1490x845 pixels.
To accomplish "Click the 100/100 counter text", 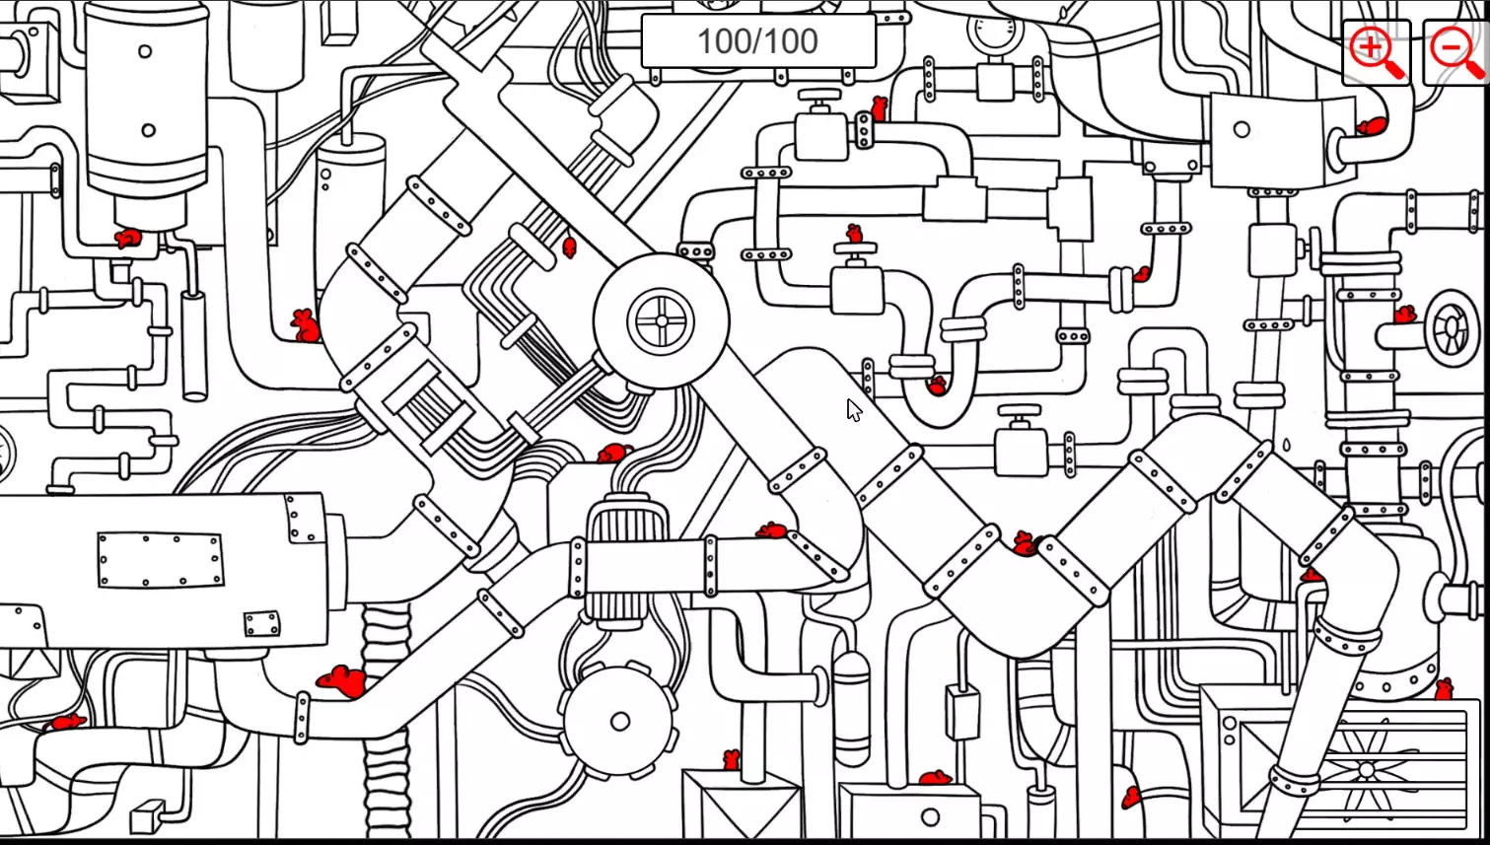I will [757, 41].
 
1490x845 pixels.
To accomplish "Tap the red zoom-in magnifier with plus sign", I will [1375, 51].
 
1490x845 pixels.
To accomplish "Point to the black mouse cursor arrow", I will [853, 409].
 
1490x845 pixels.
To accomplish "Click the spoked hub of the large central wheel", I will [661, 321].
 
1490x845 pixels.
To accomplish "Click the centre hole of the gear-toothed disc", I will [619, 722].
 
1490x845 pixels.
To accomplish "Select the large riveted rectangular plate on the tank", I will [160, 559].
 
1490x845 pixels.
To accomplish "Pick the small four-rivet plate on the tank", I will [261, 624].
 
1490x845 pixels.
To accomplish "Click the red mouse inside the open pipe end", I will [1371, 126].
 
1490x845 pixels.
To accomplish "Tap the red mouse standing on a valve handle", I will [855, 235].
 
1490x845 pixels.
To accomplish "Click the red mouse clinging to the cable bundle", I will [569, 246].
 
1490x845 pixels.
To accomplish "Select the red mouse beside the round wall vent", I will [1404, 316].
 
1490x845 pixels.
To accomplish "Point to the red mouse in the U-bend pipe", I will [937, 386].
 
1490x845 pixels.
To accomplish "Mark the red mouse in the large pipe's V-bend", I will [1026, 543].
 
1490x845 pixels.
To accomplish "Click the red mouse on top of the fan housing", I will [1445, 688].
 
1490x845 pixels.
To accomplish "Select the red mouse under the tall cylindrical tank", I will [128, 239].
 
